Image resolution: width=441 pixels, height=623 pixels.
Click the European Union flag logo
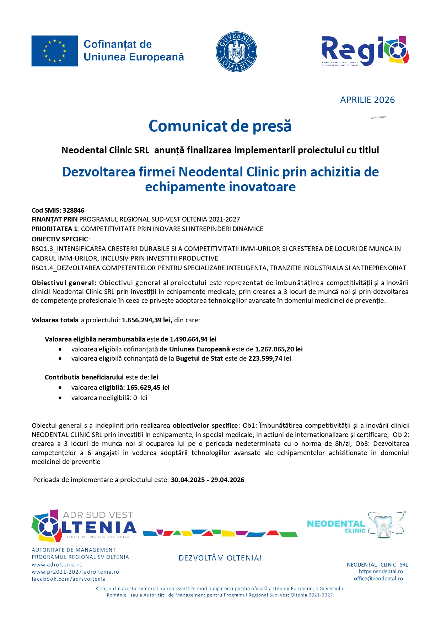pos(54,51)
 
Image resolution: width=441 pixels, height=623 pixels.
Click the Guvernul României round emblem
pos(236,51)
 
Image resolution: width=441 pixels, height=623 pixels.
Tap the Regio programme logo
pos(365,51)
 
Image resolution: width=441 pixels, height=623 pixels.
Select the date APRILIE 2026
pos(367,100)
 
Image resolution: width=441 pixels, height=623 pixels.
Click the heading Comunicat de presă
pos(220,126)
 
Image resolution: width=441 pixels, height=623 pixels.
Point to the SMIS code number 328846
pos(74,211)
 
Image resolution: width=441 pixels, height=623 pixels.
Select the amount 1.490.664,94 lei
pos(193,339)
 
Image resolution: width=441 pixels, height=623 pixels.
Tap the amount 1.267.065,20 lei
pos(279,349)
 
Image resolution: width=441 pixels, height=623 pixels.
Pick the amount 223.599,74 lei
pos(270,359)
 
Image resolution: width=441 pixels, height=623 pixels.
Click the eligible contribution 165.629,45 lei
pos(148,388)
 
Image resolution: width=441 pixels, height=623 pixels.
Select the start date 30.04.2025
pos(188,480)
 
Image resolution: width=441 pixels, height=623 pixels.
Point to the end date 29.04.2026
pos(227,480)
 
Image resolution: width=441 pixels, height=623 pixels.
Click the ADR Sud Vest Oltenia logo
pos(84,525)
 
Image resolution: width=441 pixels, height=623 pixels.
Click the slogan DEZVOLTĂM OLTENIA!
pos(220,558)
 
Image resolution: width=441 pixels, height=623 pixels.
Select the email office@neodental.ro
pos(378,579)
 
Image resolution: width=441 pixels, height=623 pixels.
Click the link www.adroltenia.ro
pos(57,564)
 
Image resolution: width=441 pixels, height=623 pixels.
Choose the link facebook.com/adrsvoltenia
pos(68,579)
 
